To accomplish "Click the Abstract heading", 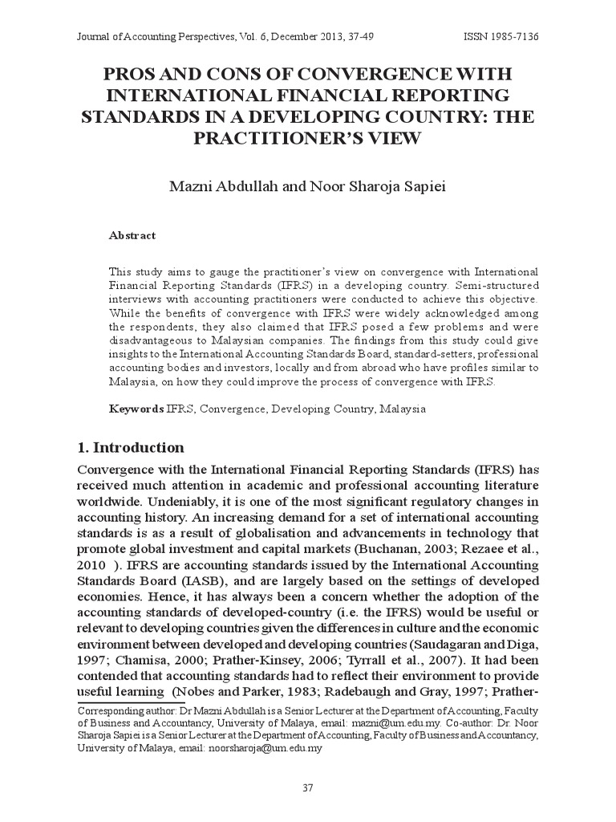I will tap(132, 235).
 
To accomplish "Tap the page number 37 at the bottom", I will tap(307, 787).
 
